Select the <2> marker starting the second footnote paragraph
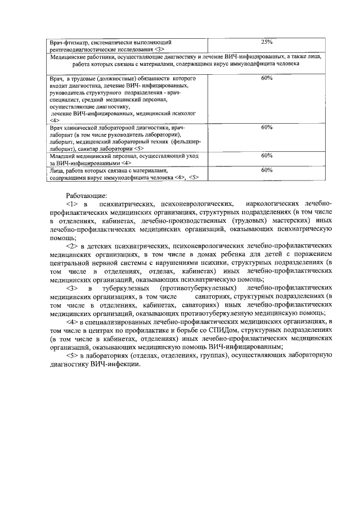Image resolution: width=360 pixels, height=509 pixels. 71,246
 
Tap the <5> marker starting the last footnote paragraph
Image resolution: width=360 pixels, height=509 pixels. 71,355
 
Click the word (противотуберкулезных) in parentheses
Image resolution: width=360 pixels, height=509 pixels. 197,288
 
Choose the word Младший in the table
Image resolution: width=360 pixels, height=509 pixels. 63,155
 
